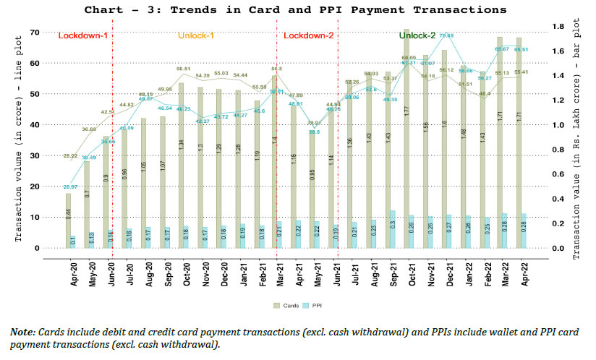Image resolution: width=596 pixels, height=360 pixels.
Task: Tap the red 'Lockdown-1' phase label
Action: (x=83, y=35)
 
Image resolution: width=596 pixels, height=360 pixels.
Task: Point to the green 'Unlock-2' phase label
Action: (x=417, y=35)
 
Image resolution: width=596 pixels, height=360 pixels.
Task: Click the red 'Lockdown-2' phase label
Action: (x=308, y=35)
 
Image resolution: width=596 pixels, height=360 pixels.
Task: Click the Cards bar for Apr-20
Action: (x=68, y=220)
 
